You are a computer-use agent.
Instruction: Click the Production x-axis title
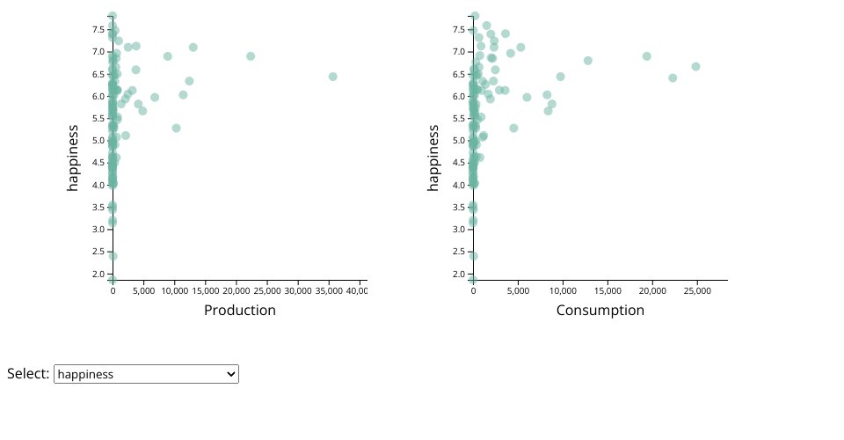pos(239,311)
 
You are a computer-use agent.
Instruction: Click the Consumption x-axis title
pos(600,311)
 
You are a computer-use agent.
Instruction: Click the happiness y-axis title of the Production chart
pos(73,158)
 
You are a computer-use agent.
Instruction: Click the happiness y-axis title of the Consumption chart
pos(433,158)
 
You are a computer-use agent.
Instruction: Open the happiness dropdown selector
pos(146,374)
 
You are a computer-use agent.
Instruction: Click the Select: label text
pos(27,374)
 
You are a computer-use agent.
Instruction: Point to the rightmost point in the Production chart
pos(333,77)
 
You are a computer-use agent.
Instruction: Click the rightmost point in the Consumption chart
pos(695,67)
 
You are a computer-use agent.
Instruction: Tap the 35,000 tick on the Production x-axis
pos(329,290)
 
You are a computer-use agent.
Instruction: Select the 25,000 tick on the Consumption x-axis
pos(697,290)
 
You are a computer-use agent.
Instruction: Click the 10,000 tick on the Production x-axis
pos(175,290)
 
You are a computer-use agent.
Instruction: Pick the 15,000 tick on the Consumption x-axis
pos(608,290)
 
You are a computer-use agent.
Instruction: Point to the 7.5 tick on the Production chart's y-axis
pos(98,29)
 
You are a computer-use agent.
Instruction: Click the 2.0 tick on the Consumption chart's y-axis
pos(459,274)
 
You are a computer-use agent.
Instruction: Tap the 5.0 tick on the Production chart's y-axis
pos(98,141)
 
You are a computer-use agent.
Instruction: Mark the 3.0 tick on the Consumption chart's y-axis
pos(459,230)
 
